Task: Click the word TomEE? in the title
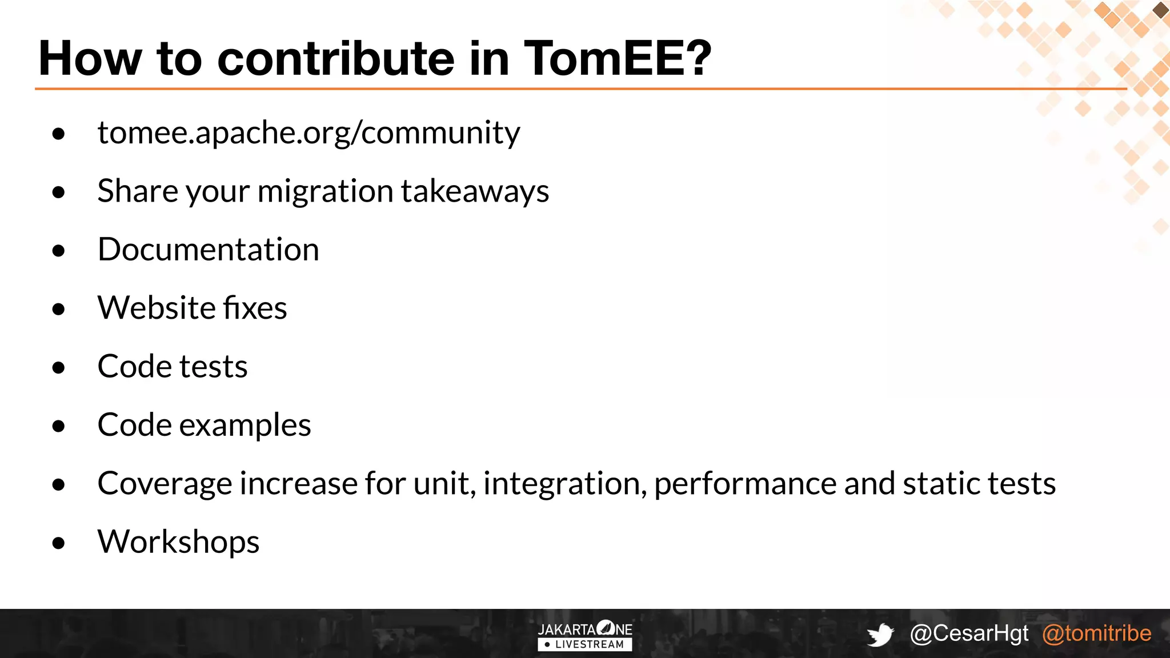(x=618, y=58)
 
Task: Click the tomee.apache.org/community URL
(x=308, y=133)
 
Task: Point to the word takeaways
(x=475, y=191)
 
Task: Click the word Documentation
(x=208, y=250)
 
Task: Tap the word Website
(x=156, y=308)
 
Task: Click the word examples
(x=245, y=426)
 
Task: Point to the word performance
(x=745, y=484)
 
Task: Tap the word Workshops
(x=178, y=542)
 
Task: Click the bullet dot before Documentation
(x=58, y=251)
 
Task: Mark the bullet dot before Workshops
(x=58, y=543)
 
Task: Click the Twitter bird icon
(x=880, y=635)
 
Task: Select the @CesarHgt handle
(x=969, y=633)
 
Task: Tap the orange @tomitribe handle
(x=1096, y=633)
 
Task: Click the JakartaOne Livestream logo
(x=585, y=636)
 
